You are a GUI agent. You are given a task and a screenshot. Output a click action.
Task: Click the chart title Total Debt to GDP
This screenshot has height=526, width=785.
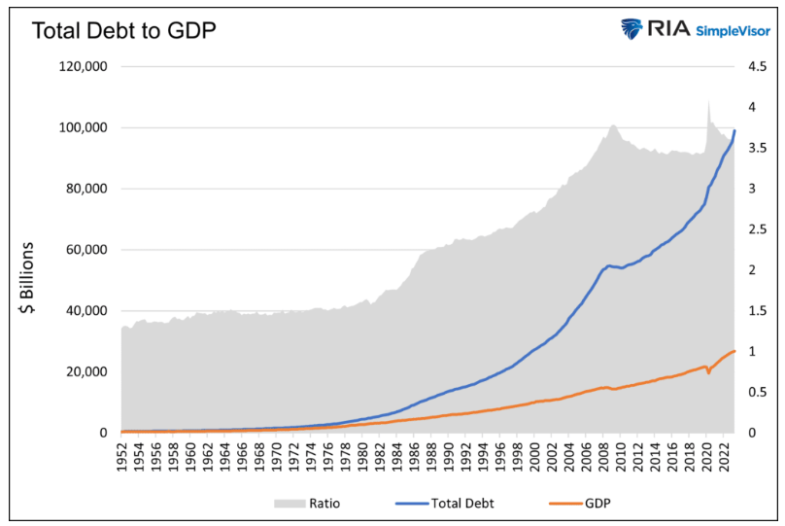click(x=123, y=30)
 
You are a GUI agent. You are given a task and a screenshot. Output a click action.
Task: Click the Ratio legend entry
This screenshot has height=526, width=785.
click(x=311, y=503)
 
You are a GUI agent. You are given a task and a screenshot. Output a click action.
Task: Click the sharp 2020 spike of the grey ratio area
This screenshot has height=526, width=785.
click(x=708, y=101)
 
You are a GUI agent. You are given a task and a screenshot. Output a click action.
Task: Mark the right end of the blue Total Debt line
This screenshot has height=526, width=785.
click(x=734, y=130)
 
